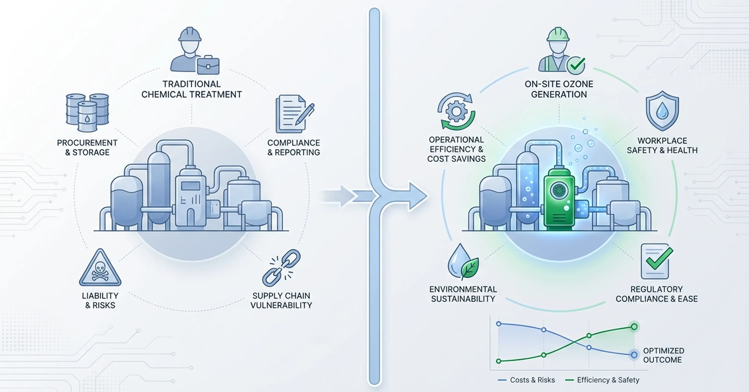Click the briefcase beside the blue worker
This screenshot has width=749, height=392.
208,66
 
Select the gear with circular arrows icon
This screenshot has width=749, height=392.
456,111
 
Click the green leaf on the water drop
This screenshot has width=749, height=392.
470,268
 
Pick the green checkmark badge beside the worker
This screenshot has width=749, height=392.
576,65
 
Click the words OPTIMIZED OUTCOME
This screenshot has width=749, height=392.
664,355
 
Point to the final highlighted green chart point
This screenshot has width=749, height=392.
634,327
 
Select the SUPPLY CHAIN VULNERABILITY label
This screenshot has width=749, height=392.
281,300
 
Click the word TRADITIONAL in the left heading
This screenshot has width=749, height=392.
191,84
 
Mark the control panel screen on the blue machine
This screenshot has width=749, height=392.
190,186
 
